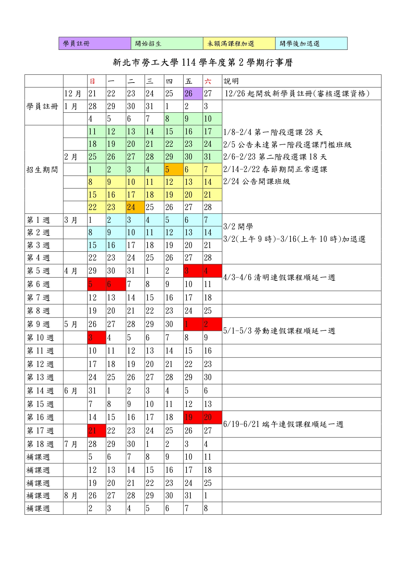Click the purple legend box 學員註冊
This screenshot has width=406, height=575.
(95, 43)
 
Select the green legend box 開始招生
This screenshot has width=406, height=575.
(167, 43)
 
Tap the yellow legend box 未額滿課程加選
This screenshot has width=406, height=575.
(239, 43)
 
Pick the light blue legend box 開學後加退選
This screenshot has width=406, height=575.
(311, 43)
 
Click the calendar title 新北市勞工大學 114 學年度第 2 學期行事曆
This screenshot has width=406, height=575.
(203, 63)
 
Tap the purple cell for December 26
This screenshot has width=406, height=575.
(193, 94)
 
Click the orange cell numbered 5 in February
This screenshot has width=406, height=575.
(173, 170)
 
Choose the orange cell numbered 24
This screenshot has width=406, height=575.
(135, 207)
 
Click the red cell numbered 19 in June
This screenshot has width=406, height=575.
(193, 417)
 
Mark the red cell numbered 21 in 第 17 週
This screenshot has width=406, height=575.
(97, 431)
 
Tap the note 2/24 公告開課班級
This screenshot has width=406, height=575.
(256, 182)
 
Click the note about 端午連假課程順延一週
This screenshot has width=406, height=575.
(283, 424)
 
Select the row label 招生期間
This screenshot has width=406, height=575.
(42, 170)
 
